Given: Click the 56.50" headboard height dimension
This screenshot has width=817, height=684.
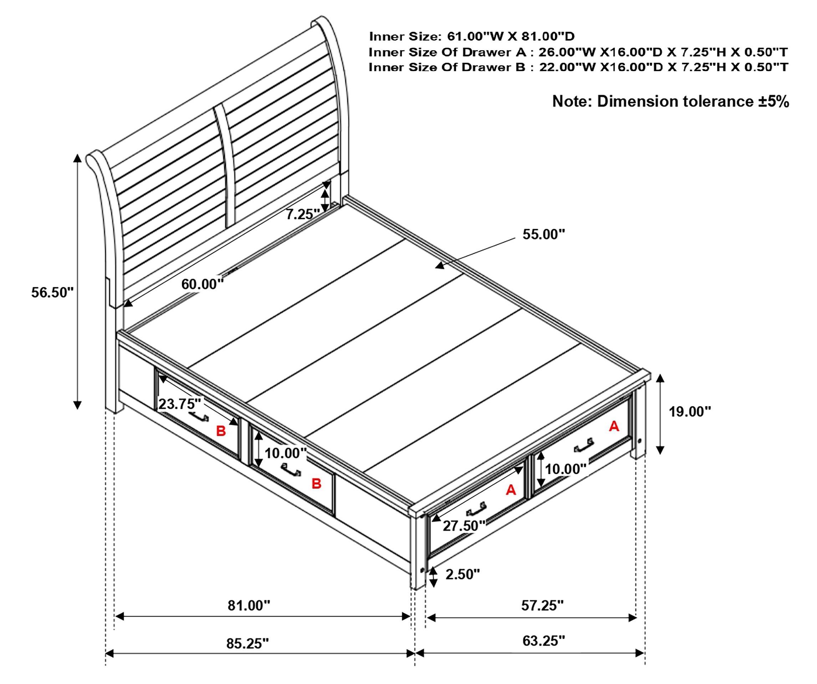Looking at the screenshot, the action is click(52, 292).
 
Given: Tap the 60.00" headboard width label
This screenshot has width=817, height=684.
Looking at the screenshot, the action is click(203, 284).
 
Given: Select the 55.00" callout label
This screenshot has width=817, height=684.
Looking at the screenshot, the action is click(543, 234).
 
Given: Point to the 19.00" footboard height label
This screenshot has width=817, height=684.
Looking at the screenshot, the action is click(690, 411).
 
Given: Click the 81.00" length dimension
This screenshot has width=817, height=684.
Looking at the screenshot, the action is click(249, 606).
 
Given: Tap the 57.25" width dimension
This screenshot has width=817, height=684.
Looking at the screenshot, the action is click(542, 606).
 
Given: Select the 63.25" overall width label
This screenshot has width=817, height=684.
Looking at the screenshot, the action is click(543, 641).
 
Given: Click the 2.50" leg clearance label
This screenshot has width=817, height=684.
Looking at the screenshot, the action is click(463, 574).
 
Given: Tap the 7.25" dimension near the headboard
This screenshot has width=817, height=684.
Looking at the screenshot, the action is click(303, 214).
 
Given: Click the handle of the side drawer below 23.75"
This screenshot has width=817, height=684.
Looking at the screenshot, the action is click(199, 416).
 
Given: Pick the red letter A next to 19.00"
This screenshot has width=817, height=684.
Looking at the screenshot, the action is click(614, 426).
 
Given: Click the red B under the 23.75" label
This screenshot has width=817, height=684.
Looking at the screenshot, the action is click(221, 431).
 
